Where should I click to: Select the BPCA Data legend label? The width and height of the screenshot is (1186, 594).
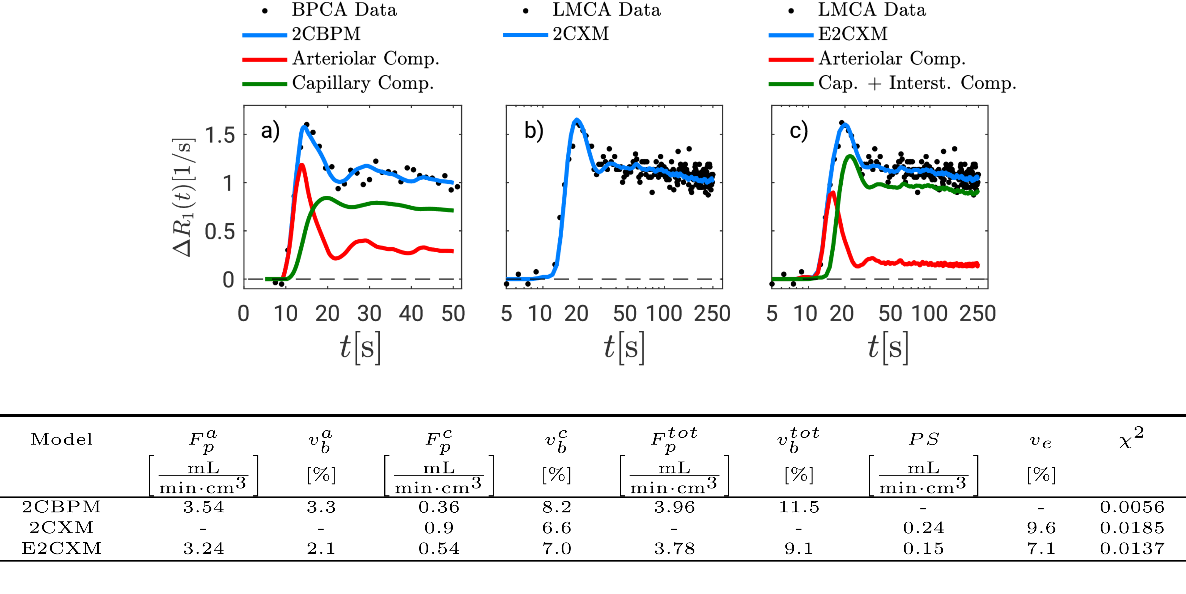pyautogui.click(x=344, y=10)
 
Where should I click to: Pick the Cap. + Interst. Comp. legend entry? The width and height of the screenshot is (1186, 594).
pyautogui.click(x=917, y=83)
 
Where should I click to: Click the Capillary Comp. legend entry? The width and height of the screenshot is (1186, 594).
pyautogui.click(x=363, y=83)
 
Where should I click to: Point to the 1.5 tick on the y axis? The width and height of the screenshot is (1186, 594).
pyautogui.click(x=220, y=136)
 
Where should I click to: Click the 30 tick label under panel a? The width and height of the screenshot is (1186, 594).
pyautogui.click(x=369, y=314)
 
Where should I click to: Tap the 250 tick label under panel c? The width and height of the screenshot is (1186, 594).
pyautogui.click(x=977, y=314)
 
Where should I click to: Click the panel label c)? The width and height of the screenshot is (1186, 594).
pyautogui.click(x=799, y=131)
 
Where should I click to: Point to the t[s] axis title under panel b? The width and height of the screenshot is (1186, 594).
pyautogui.click(x=624, y=348)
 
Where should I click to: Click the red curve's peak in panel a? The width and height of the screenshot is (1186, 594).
pyautogui.click(x=302, y=164)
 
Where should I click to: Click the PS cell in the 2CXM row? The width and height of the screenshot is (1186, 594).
pyautogui.click(x=923, y=528)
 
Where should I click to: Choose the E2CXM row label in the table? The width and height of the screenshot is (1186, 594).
pyautogui.click(x=61, y=548)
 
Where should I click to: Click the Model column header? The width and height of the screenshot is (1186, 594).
pyautogui.click(x=62, y=439)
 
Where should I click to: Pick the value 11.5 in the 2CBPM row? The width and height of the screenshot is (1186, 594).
pyautogui.click(x=799, y=507)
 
